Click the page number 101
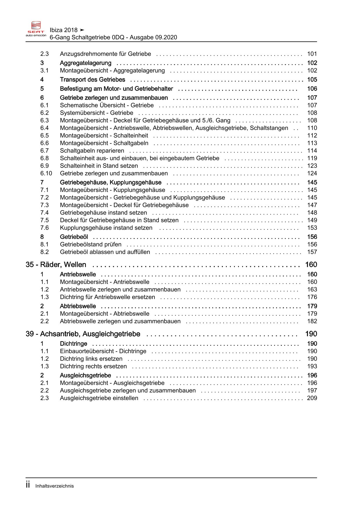pyautogui.click(x=312, y=54)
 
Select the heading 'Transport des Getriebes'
pyautogui.click(x=92, y=80)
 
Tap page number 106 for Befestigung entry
pyautogui.click(x=312, y=89)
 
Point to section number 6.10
pyautogui.click(x=46, y=173)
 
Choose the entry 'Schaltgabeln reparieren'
pyautogui.click(x=92, y=151)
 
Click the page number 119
pyautogui.click(x=312, y=158)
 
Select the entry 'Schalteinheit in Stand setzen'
pyautogui.click(x=99, y=166)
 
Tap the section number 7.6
pyautogui.click(x=44, y=228)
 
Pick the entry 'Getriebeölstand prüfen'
pyautogui.click(x=91, y=244)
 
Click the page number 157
pyautogui.click(x=312, y=252)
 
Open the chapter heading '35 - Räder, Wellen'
pyautogui.click(x=56, y=265)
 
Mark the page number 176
pyautogui.click(x=312, y=297)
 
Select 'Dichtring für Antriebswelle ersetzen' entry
pyautogui.click(x=107, y=297)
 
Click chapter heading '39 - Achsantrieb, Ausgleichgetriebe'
pyautogui.click(x=83, y=334)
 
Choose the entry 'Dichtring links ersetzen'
pyautogui.click(x=91, y=359)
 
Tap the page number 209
pyautogui.click(x=312, y=398)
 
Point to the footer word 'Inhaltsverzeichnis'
pyautogui.click(x=55, y=486)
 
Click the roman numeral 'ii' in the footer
pyautogui.click(x=28, y=485)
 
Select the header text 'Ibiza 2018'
pyautogui.click(x=64, y=30)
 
